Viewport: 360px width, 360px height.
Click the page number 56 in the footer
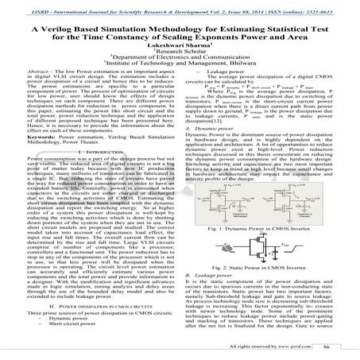(342, 347)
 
